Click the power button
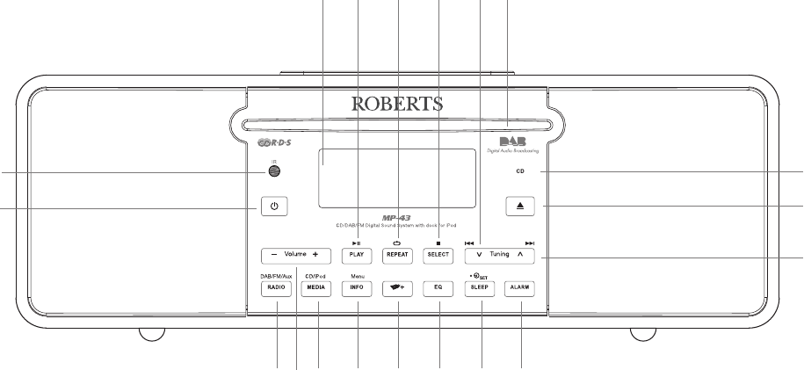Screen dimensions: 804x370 click(274, 207)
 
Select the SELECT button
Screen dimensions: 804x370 click(438, 255)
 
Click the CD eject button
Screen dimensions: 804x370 click(520, 207)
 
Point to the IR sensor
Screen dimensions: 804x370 click(274, 172)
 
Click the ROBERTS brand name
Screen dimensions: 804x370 click(397, 105)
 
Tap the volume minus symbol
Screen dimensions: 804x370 click(273, 255)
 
